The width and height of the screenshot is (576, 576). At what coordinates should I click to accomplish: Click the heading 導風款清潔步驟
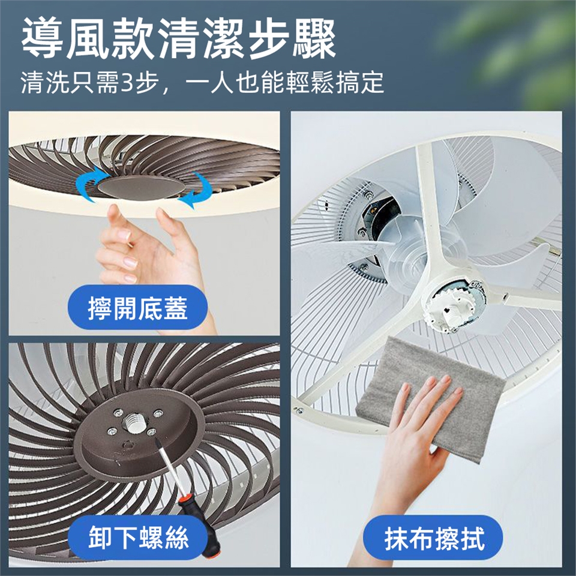tap(179, 39)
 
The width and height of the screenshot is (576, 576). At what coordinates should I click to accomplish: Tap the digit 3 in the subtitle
tap(128, 82)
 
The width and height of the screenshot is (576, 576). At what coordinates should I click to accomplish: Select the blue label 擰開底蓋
tap(138, 307)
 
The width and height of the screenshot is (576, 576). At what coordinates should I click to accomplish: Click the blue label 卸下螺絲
tap(138, 538)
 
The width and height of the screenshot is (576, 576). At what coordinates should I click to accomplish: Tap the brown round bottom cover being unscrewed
tap(142, 187)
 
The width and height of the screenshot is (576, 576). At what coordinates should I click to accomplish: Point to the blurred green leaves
tap(511, 48)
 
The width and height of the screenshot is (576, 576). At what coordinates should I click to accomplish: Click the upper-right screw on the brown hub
tap(158, 413)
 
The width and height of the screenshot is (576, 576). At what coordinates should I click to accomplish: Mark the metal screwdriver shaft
tap(168, 467)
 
